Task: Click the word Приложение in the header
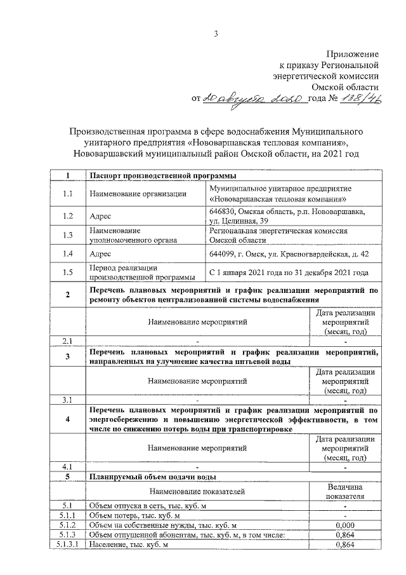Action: [x=352, y=54]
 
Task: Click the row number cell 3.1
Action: [x=67, y=400]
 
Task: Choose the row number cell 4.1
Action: [x=67, y=467]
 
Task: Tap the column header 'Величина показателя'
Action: [x=344, y=490]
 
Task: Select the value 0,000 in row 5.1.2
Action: [x=344, y=525]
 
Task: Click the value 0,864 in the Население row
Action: [x=344, y=545]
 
